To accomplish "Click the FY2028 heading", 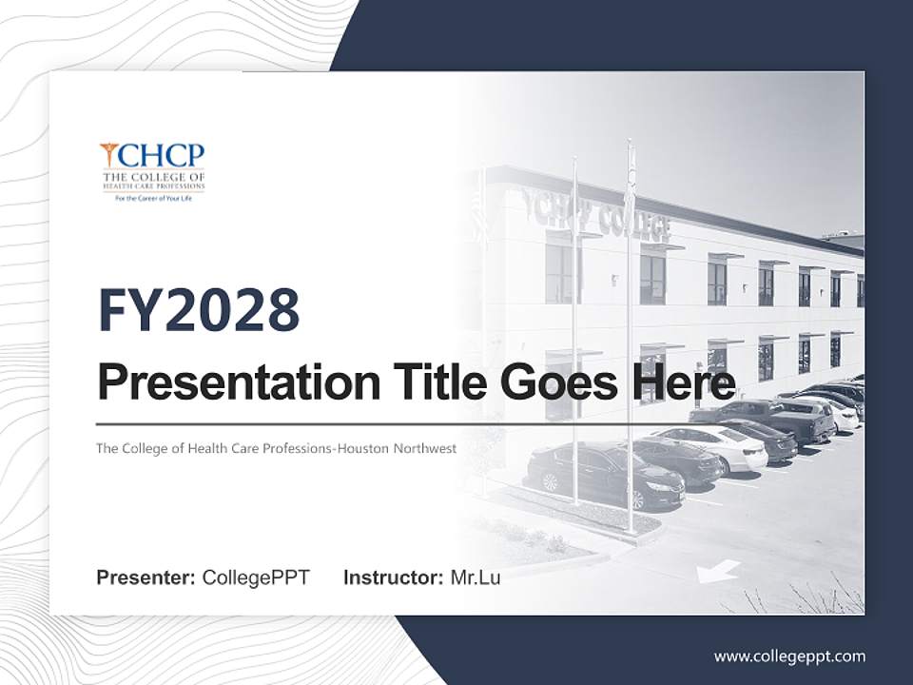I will pyautogui.click(x=199, y=310).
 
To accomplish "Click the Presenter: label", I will pyautogui.click(x=146, y=577).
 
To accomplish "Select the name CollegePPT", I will pyautogui.click(x=256, y=577).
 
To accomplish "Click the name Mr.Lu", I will pyautogui.click(x=476, y=577).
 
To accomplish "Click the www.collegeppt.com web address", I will pyautogui.click(x=789, y=656).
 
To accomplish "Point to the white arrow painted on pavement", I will pyautogui.click(x=718, y=571).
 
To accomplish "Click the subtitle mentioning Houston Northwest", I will pyautogui.click(x=276, y=448).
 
